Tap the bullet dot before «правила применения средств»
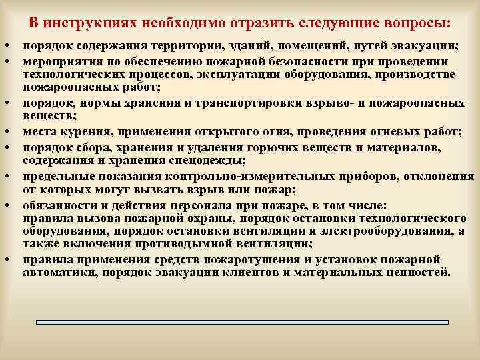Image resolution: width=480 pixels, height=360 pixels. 5,260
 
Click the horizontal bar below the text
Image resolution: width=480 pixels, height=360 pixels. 241,323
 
